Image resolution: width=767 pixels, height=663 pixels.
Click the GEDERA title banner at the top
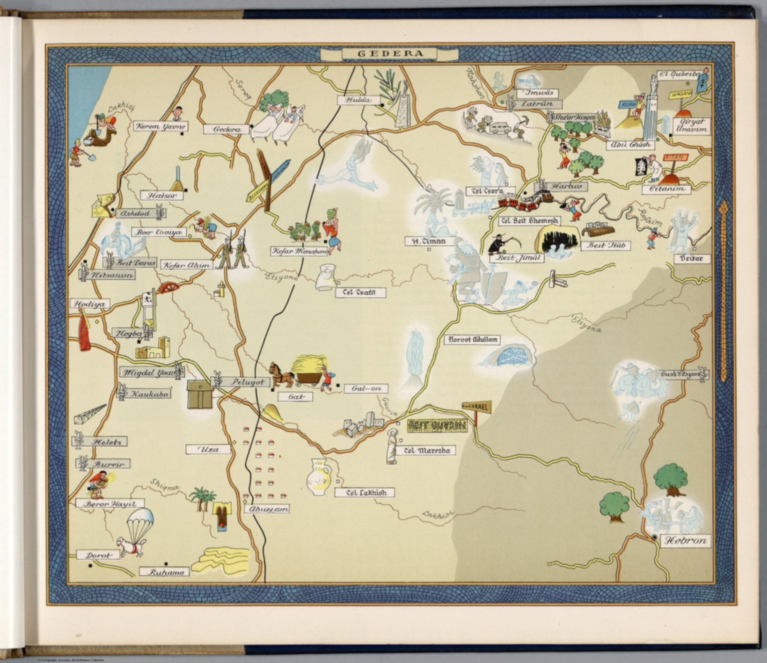tap(383, 53)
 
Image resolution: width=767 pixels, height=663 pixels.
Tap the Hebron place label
tap(685, 541)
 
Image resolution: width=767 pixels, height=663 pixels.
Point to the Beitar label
tap(691, 259)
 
